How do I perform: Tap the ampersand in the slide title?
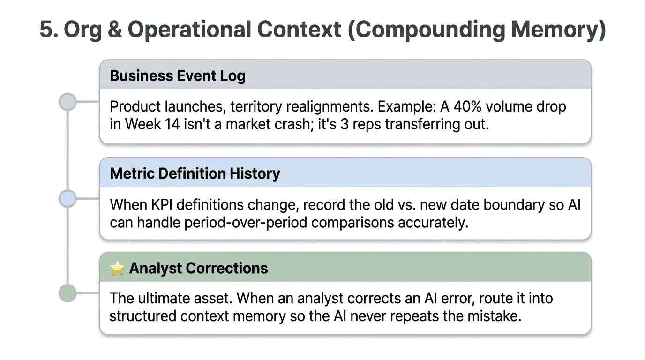coord(115,30)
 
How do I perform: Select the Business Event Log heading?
coord(178,75)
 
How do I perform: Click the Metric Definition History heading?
coord(195,173)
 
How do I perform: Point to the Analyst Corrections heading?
coord(198,268)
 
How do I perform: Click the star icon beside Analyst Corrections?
coord(117,268)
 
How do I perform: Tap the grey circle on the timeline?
coord(68,102)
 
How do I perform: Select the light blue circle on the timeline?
coord(68,199)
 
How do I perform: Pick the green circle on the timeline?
coord(68,293)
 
